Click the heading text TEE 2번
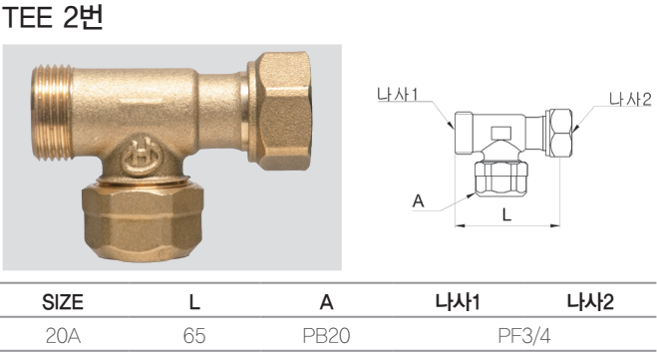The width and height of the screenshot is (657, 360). tap(52, 18)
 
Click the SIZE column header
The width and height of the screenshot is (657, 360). tap(63, 302)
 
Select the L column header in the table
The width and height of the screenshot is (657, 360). tap(194, 302)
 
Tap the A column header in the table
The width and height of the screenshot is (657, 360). tap(326, 302)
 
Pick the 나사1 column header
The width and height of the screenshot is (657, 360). tap(458, 302)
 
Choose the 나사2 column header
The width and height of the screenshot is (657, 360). tap(590, 302)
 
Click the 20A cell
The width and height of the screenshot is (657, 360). tap(63, 336)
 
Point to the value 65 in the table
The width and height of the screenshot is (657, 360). tap(194, 336)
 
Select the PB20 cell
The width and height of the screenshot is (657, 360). tap(326, 336)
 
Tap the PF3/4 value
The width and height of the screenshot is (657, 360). tap(524, 336)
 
